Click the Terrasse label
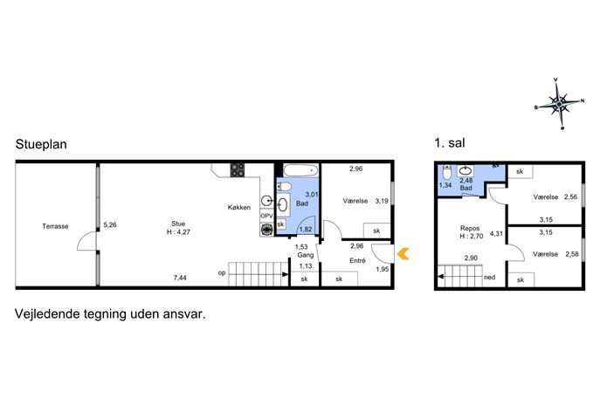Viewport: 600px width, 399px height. click(56, 226)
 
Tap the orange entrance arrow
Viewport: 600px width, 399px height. click(403, 253)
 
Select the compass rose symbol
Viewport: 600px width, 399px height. click(560, 104)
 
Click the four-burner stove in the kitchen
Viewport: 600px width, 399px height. click(238, 170)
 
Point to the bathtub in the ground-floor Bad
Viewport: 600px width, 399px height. click(300, 170)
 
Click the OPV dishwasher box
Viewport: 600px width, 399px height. click(266, 216)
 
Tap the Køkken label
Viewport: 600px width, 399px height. click(239, 207)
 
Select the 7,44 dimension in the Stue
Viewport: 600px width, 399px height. click(180, 278)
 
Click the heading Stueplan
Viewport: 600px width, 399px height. click(41, 145)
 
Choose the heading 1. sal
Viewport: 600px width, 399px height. click(450, 143)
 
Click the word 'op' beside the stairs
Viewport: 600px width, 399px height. click(222, 273)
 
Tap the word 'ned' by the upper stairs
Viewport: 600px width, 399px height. click(489, 278)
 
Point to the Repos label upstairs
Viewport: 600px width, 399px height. click(470, 228)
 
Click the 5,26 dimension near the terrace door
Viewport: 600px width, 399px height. click(110, 225)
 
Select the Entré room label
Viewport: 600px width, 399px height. click(357, 260)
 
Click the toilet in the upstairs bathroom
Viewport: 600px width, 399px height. click(446, 172)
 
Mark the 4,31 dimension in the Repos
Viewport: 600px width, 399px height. click(496, 233)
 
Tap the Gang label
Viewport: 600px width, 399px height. click(306, 255)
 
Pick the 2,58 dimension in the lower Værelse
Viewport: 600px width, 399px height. click(572, 254)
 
